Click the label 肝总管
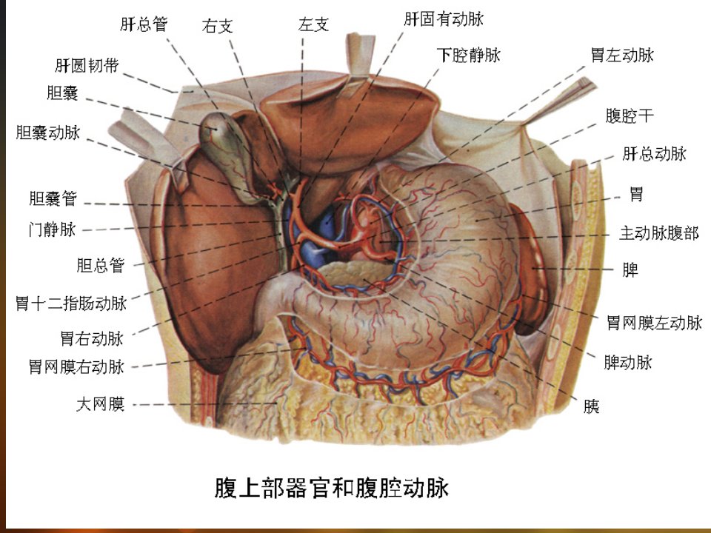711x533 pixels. (x=144, y=24)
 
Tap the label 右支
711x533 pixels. (x=218, y=26)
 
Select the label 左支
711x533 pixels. (x=313, y=24)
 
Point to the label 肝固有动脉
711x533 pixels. (x=444, y=19)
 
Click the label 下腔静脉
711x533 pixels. (x=469, y=55)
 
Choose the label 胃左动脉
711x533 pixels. (x=622, y=55)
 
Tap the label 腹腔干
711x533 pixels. (x=630, y=115)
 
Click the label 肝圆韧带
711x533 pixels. (x=87, y=66)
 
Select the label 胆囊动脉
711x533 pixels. (x=48, y=133)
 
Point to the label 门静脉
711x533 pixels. (x=52, y=229)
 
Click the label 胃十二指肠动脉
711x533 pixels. (x=71, y=304)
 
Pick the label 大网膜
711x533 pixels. (x=100, y=404)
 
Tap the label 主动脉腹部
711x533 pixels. (x=659, y=233)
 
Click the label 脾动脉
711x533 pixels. (x=628, y=362)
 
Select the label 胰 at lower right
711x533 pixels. (x=592, y=406)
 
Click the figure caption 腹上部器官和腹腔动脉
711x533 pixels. (x=332, y=488)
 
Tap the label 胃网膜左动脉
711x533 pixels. (x=654, y=323)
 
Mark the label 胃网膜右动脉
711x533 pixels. (x=76, y=366)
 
